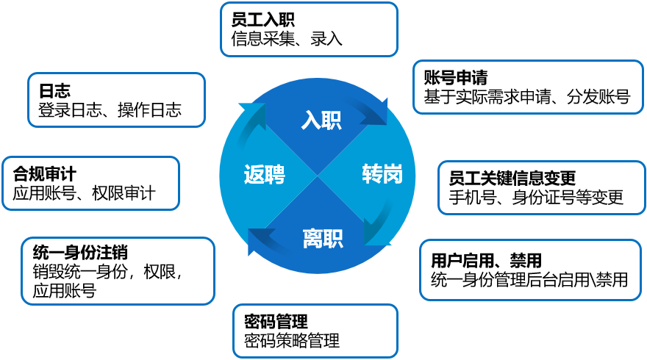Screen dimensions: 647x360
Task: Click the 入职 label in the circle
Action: [x=321, y=120]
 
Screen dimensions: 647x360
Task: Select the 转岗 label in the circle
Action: [x=382, y=173]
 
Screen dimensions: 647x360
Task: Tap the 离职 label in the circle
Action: [x=323, y=238]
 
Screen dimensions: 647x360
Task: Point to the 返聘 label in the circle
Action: [x=265, y=174]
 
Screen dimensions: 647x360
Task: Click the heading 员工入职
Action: [x=263, y=20]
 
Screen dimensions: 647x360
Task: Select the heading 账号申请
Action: [x=456, y=78]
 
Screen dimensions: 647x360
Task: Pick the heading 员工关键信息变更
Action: [x=512, y=178]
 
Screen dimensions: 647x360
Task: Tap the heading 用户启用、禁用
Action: [x=486, y=261]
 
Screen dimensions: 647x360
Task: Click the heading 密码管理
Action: [x=276, y=321]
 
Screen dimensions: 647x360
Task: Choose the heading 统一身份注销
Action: [x=80, y=253]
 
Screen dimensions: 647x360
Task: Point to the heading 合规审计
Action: [x=45, y=173]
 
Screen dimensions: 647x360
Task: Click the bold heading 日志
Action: [x=54, y=90]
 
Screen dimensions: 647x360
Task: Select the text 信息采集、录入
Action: [x=287, y=39]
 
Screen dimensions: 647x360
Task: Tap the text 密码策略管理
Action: [x=292, y=341]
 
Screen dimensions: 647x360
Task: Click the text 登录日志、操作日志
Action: [x=110, y=109]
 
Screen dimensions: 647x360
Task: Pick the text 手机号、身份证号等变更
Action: [x=536, y=198]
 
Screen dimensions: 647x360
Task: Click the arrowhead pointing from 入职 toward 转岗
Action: [x=378, y=112]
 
